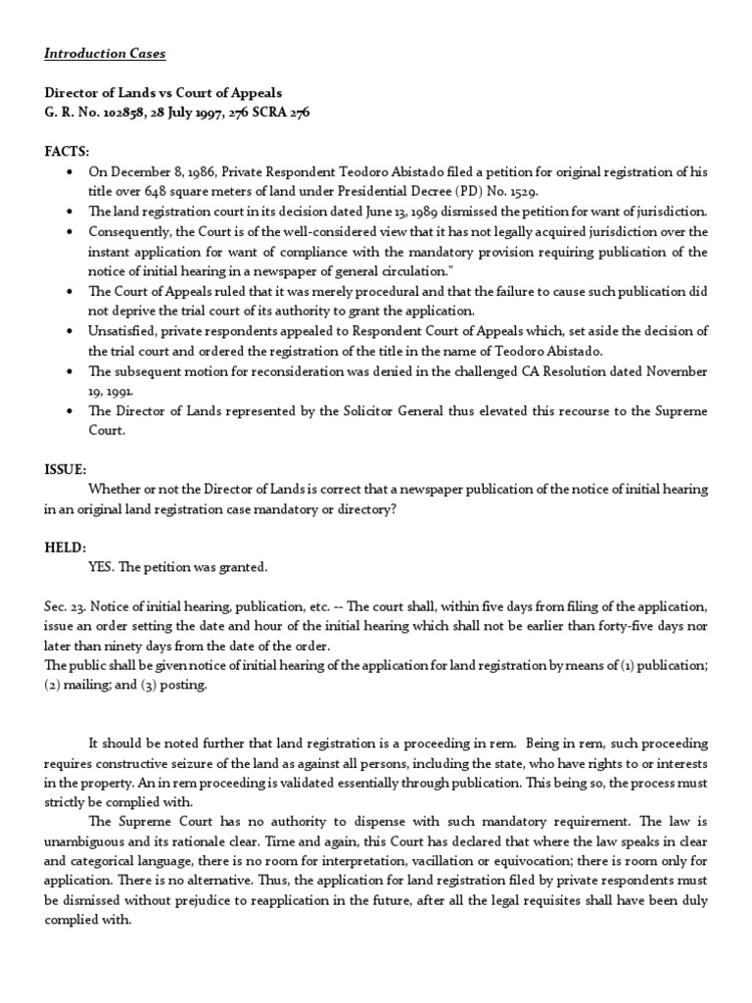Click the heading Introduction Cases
[x=98, y=53]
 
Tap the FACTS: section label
[x=67, y=152]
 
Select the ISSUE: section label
[x=66, y=468]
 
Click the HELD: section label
[x=66, y=547]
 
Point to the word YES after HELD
[x=101, y=567]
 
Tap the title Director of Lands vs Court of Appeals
[x=163, y=92]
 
